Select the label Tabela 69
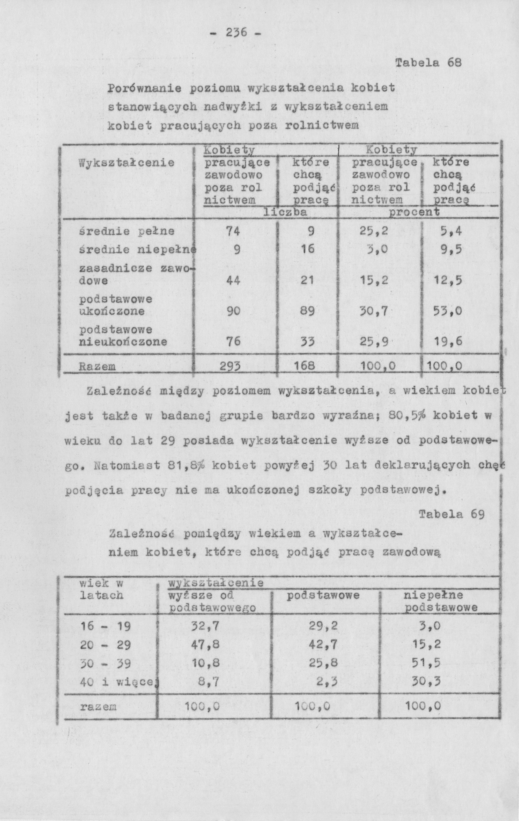[x=451, y=514]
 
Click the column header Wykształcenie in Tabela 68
[x=127, y=163]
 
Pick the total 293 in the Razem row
[x=230, y=366]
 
